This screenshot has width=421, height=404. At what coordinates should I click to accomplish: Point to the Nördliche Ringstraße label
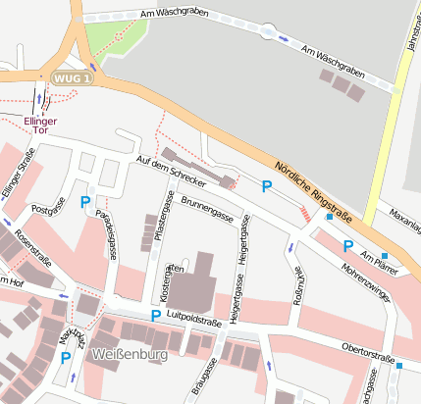tap(311, 185)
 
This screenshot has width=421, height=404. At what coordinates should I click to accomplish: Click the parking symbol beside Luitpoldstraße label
tap(155, 316)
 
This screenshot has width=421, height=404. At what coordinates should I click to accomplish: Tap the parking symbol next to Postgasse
tap(84, 203)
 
